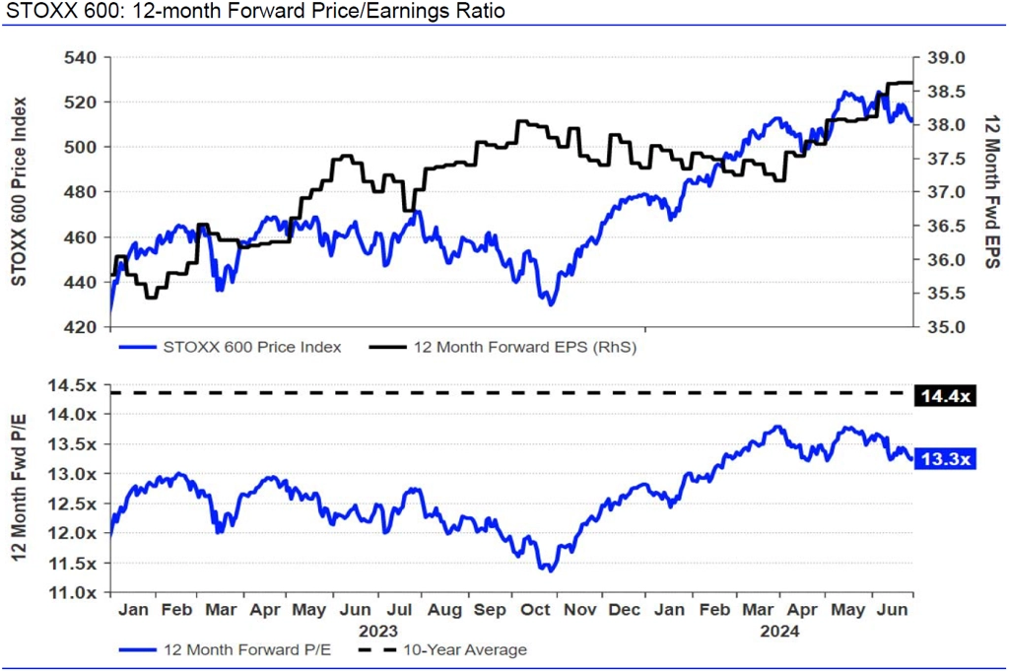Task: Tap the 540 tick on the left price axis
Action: [82, 57]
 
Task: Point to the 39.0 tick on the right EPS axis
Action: [945, 58]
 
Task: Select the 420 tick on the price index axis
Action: [82, 327]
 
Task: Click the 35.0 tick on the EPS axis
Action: [945, 327]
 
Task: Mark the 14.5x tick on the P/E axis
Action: [77, 384]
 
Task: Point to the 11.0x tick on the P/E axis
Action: [77, 593]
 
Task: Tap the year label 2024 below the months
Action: [780, 631]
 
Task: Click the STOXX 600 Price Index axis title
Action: [19, 191]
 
